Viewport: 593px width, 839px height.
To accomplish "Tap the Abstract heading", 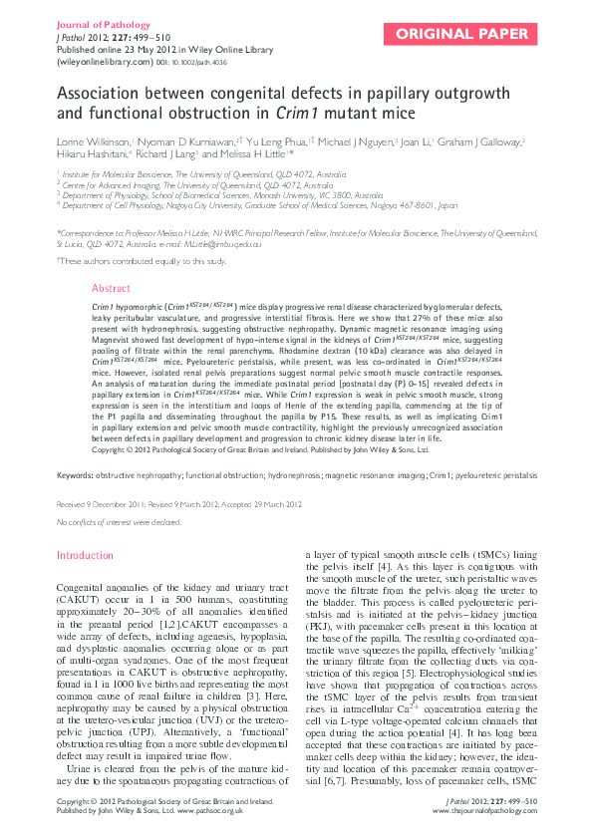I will point(111,287).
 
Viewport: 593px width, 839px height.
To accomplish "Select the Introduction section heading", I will point(86,555).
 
